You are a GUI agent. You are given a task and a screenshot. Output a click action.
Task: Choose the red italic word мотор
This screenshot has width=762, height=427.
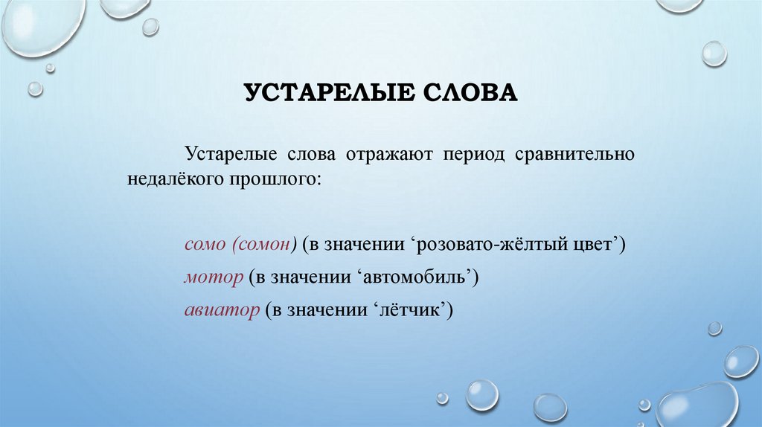[x=214, y=277]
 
